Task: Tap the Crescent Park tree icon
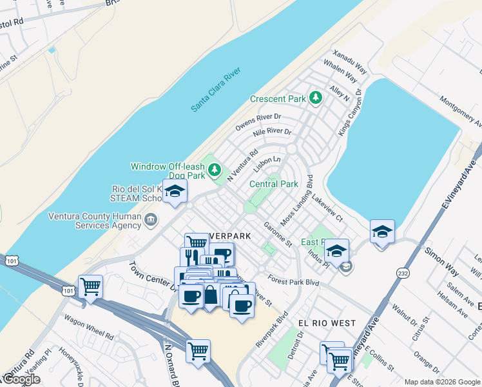[315, 98]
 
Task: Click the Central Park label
[274, 184]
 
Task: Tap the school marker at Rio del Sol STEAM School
[175, 192]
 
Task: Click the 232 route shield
[402, 273]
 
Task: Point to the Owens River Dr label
[258, 122]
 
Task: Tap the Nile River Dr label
[272, 133]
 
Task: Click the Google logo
[21, 379]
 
